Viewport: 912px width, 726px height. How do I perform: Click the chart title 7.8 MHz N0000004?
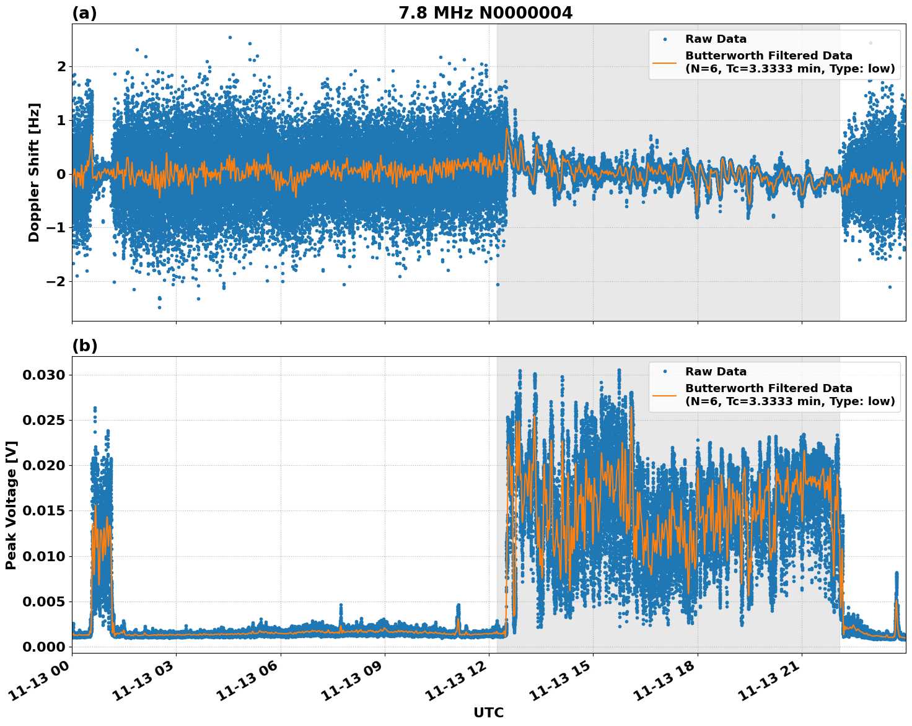[485, 13]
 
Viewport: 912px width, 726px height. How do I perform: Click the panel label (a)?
[84, 13]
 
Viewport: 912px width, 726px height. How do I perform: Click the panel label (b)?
[84, 346]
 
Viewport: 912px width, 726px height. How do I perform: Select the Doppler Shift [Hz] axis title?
[34, 172]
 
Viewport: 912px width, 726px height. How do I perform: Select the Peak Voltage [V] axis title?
[11, 505]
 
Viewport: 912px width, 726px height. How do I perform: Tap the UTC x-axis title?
[488, 713]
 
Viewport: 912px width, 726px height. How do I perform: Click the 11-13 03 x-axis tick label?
[142, 685]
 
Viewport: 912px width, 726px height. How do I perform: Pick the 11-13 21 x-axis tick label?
[768, 685]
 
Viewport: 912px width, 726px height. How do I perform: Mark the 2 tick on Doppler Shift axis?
[61, 66]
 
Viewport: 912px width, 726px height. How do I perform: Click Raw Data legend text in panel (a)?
[716, 40]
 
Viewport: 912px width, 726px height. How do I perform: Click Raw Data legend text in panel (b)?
[716, 372]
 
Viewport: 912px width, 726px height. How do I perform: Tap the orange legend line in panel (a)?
[665, 62]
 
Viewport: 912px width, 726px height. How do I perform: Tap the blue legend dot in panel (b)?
[665, 372]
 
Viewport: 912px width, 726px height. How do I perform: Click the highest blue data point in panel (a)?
[230, 37]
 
